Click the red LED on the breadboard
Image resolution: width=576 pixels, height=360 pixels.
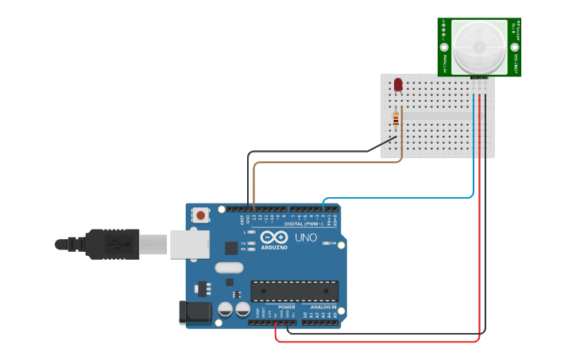pyautogui.click(x=398, y=83)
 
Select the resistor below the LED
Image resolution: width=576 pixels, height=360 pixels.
pyautogui.click(x=396, y=118)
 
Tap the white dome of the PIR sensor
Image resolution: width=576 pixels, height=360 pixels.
pyautogui.click(x=479, y=46)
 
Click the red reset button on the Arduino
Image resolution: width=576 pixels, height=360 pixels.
pyautogui.click(x=201, y=215)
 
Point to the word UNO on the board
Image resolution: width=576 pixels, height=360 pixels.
pyautogui.click(x=306, y=238)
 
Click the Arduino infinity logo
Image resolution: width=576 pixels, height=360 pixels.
pyautogui.click(x=273, y=238)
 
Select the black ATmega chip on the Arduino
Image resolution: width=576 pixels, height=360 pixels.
pyautogui.click(x=294, y=291)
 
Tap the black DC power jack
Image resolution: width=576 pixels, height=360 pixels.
pyautogui.click(x=195, y=312)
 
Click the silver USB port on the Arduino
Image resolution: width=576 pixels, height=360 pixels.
pyautogui.click(x=190, y=244)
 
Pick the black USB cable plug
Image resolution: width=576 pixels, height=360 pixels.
pyautogui.click(x=111, y=244)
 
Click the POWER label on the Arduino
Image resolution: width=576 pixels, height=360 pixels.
pyautogui.click(x=286, y=307)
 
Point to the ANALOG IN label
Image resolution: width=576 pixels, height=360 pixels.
pyautogui.click(x=323, y=307)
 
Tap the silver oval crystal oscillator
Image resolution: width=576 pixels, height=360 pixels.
pyautogui.click(x=229, y=268)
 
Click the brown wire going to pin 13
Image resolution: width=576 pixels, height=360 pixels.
pyautogui.click(x=253, y=183)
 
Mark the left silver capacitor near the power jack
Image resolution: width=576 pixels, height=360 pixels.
pyautogui.click(x=226, y=308)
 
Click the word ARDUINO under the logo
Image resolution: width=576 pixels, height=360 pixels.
pyautogui.click(x=273, y=247)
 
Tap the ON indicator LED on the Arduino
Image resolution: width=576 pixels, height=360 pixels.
pyautogui.click(x=327, y=243)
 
